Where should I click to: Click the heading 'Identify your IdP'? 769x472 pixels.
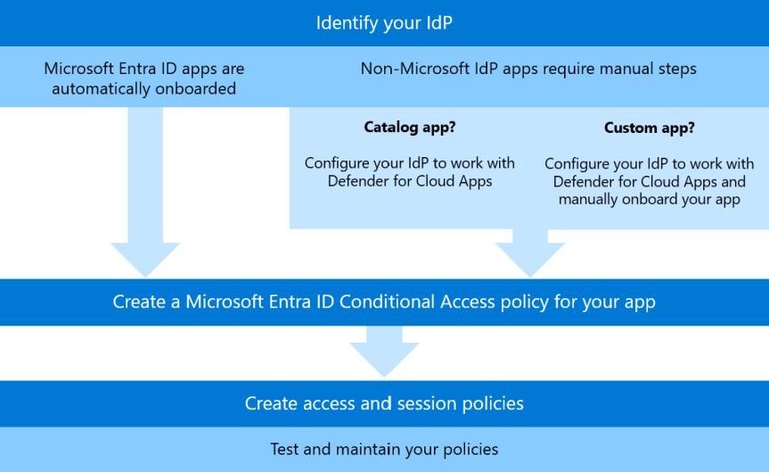384,22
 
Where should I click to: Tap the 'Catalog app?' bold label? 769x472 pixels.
410,128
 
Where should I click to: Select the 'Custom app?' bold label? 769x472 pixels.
649,128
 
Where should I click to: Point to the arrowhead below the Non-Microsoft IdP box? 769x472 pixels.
529,259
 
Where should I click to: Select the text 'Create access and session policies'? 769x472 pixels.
384,403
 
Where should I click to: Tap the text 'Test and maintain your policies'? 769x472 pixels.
384,449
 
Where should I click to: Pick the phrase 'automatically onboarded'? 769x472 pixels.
143,88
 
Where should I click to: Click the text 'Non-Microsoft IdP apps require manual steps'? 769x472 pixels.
528,68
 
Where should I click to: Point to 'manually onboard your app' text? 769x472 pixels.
649,199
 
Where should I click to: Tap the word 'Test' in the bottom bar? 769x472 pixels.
285,449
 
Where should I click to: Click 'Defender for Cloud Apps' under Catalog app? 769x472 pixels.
410,181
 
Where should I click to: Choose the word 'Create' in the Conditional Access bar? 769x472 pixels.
138,302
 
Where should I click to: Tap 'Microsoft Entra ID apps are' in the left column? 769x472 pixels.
143,68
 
